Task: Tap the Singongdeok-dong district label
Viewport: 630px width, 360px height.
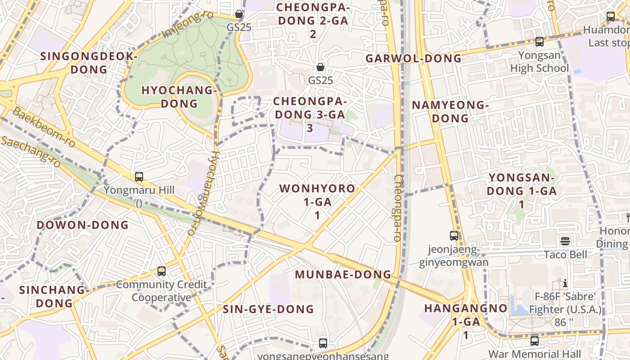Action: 89,63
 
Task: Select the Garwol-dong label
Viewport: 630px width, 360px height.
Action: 414,58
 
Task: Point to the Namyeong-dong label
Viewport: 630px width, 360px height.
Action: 450,112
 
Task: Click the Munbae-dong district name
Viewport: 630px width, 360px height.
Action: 343,274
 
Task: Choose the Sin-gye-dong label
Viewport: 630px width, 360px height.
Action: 268,309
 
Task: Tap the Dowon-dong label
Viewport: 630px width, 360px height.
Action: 83,225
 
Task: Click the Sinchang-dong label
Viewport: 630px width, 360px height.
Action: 54,296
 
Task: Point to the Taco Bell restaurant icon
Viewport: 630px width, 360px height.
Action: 565,241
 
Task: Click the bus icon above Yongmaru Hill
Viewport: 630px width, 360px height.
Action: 139,177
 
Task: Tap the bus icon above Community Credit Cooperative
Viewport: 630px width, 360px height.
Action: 162,271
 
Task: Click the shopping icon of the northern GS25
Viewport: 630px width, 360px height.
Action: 239,14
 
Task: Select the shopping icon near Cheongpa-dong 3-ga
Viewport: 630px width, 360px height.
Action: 320,67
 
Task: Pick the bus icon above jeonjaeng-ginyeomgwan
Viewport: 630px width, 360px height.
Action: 454,235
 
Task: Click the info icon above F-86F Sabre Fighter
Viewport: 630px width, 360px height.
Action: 565,283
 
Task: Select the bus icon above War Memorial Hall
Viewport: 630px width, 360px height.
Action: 535,341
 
